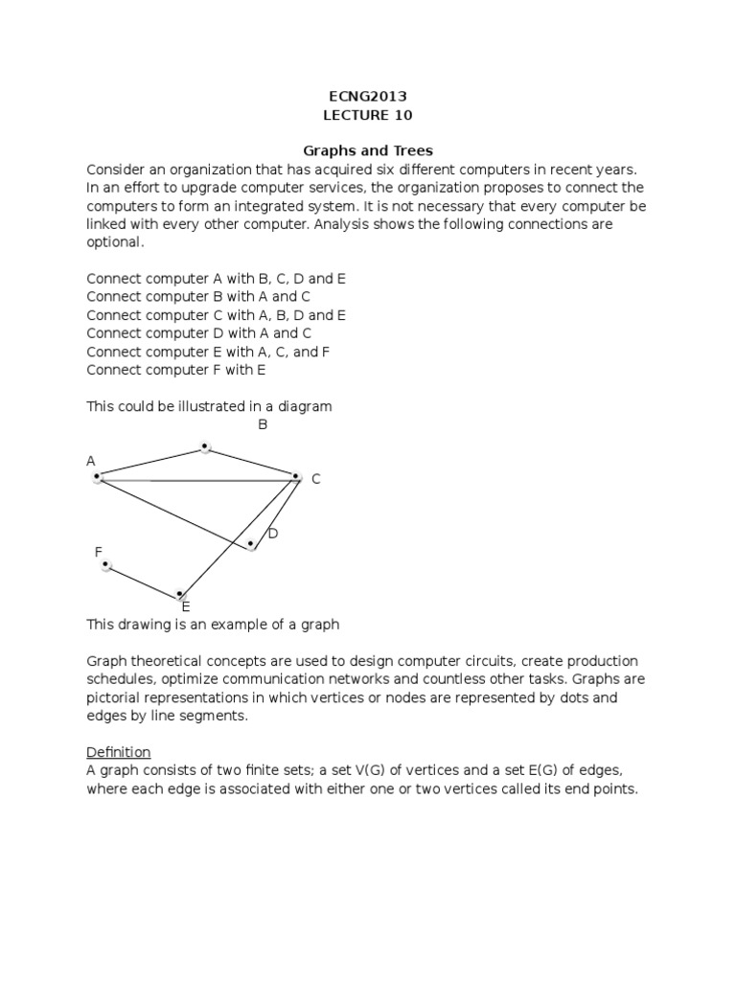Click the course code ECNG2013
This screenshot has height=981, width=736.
(368, 96)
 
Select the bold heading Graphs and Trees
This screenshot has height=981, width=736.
(368, 150)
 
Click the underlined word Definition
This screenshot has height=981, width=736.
(119, 752)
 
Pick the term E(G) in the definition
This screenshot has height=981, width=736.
(540, 771)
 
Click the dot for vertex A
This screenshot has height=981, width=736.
(97, 477)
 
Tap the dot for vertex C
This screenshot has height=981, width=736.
(295, 476)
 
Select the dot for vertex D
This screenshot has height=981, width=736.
(251, 544)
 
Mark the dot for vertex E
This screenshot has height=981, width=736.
(179, 595)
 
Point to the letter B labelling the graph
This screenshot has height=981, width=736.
(262, 424)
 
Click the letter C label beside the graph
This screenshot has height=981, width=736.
(315, 479)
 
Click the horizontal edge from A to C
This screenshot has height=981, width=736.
(196, 478)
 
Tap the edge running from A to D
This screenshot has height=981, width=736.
(172, 511)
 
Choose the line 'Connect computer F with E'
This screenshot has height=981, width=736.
(176, 370)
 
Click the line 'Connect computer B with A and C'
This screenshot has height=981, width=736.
(198, 297)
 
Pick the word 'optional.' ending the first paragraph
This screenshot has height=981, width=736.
(115, 242)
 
